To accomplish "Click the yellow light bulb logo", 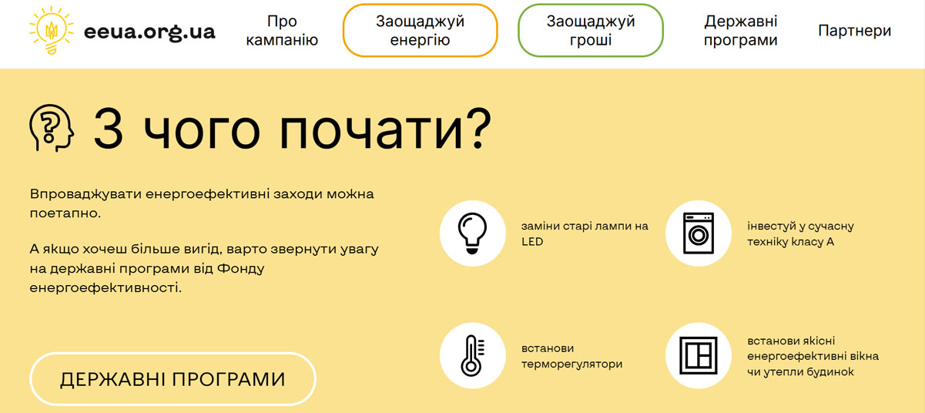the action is click(x=51, y=31).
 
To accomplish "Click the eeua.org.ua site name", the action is click(x=149, y=32).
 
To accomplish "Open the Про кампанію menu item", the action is click(x=282, y=31).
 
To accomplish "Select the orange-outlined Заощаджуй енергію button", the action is click(x=420, y=31).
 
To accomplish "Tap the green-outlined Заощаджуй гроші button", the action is click(x=591, y=31).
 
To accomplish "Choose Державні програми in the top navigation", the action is click(x=741, y=31).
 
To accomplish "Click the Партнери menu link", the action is click(x=854, y=31).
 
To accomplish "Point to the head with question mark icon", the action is click(x=51, y=128).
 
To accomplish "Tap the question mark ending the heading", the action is click(x=480, y=128).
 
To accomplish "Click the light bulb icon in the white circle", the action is click(x=472, y=233).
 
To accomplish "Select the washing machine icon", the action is click(x=699, y=233).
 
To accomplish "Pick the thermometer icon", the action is click(x=472, y=355).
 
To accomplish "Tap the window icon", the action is click(x=699, y=355).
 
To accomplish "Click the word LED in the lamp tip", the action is click(x=532, y=242).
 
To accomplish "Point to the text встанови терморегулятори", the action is click(x=571, y=356).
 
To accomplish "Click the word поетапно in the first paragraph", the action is click(x=65, y=213).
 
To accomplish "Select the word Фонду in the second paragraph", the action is click(x=241, y=269).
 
